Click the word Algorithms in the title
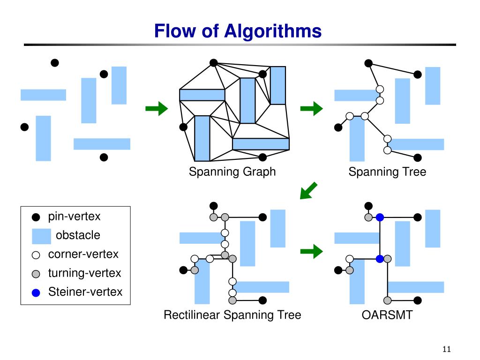[x=273, y=31]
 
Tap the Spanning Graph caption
[x=232, y=172]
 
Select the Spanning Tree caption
[x=387, y=172]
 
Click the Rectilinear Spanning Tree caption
[x=232, y=315]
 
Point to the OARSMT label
[x=387, y=315]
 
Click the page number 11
[x=447, y=349]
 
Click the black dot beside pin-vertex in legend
[x=36, y=217]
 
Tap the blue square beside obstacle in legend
[x=41, y=236]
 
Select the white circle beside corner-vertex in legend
[x=36, y=255]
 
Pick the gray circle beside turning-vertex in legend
[x=36, y=274]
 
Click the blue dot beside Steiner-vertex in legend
[x=36, y=293]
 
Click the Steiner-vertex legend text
[x=85, y=292]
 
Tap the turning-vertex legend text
[x=84, y=273]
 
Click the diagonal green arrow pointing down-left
[x=308, y=190]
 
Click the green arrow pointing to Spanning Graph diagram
[x=157, y=108]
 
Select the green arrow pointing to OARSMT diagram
[x=311, y=252]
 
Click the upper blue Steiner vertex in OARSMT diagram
[x=380, y=217]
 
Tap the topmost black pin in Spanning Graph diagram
[x=213, y=63]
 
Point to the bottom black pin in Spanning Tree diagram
[x=418, y=157]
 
